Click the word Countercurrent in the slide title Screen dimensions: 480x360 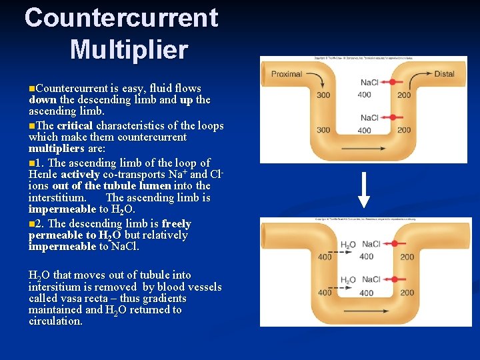click(121, 18)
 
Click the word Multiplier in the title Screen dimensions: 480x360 click(129, 49)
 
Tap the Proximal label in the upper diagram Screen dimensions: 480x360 click(286, 73)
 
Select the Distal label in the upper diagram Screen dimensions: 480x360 click(443, 73)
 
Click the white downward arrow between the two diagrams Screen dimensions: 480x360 click(363, 190)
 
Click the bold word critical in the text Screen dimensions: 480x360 click(75, 126)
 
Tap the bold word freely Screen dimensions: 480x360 click(176, 224)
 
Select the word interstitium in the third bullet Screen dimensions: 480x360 click(56, 198)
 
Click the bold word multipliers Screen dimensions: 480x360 click(57, 149)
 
